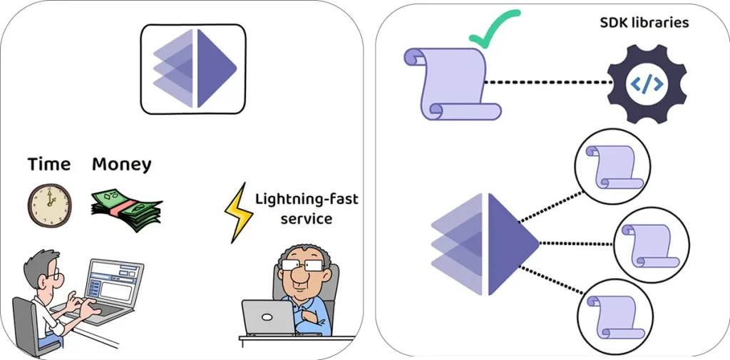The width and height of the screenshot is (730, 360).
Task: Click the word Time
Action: click(48, 164)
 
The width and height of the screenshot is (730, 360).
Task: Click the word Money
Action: click(121, 164)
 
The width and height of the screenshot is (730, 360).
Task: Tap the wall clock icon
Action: click(49, 205)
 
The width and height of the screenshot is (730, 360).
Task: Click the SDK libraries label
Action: click(644, 23)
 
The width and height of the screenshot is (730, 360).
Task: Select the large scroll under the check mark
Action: click(452, 83)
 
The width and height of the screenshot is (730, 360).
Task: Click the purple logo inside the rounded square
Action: click(195, 68)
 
